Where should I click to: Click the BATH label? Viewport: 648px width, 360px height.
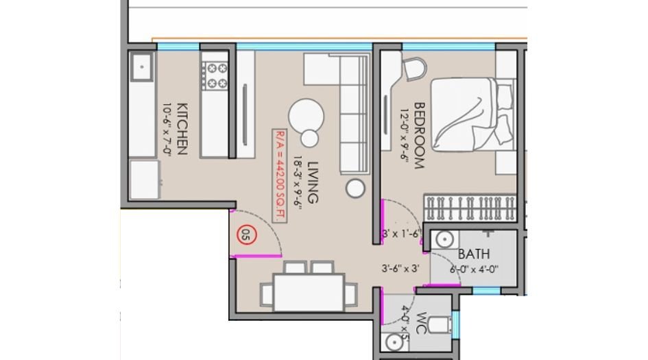click(x=474, y=254)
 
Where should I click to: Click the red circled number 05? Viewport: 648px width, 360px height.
click(x=245, y=235)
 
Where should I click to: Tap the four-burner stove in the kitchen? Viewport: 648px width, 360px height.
click(x=217, y=75)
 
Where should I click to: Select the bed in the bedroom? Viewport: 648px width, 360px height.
click(x=470, y=114)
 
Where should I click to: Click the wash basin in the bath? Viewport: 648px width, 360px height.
click(x=443, y=241)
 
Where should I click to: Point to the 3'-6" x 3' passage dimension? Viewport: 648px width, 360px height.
click(x=401, y=269)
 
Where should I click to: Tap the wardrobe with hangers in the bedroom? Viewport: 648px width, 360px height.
click(x=470, y=206)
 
